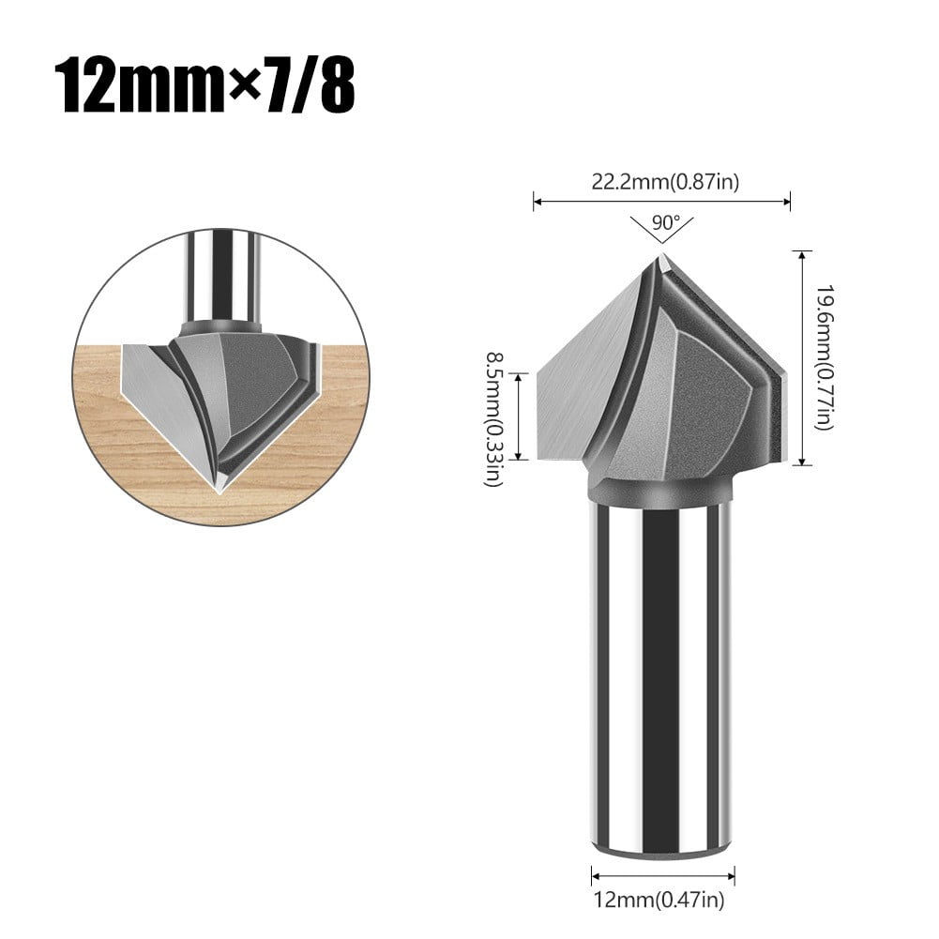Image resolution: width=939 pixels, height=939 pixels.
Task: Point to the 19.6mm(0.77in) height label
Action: pyautogui.click(x=824, y=357)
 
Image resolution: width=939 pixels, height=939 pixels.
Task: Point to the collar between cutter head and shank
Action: pyautogui.click(x=661, y=491)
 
